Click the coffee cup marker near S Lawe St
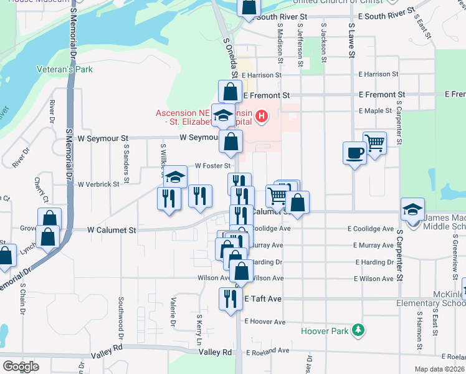pos(354,152)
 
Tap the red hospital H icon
pos(262,115)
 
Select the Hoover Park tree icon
pos(358,330)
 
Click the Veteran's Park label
pos(65,69)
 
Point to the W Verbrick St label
pos(98,184)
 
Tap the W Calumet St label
pos(112,230)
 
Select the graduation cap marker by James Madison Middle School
pos(412,209)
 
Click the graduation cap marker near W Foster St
pos(176,176)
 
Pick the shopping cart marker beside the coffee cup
pos(375,143)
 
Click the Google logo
pos(21,366)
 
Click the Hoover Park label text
pos(325,331)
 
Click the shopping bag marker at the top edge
pos(248,6)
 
